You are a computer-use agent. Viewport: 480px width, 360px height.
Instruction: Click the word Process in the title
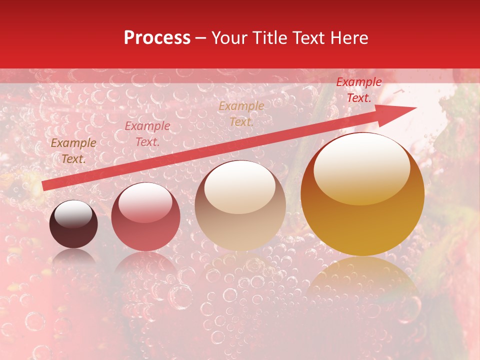[157, 38]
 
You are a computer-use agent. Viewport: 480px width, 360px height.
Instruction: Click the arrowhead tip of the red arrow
[415, 107]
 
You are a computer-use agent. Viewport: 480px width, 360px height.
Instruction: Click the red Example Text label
[358, 90]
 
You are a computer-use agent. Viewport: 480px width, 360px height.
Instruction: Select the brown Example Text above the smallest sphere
[73, 151]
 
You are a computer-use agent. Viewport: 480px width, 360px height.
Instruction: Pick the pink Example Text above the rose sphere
[147, 134]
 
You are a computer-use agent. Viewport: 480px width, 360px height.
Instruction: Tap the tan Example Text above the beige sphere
[241, 113]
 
